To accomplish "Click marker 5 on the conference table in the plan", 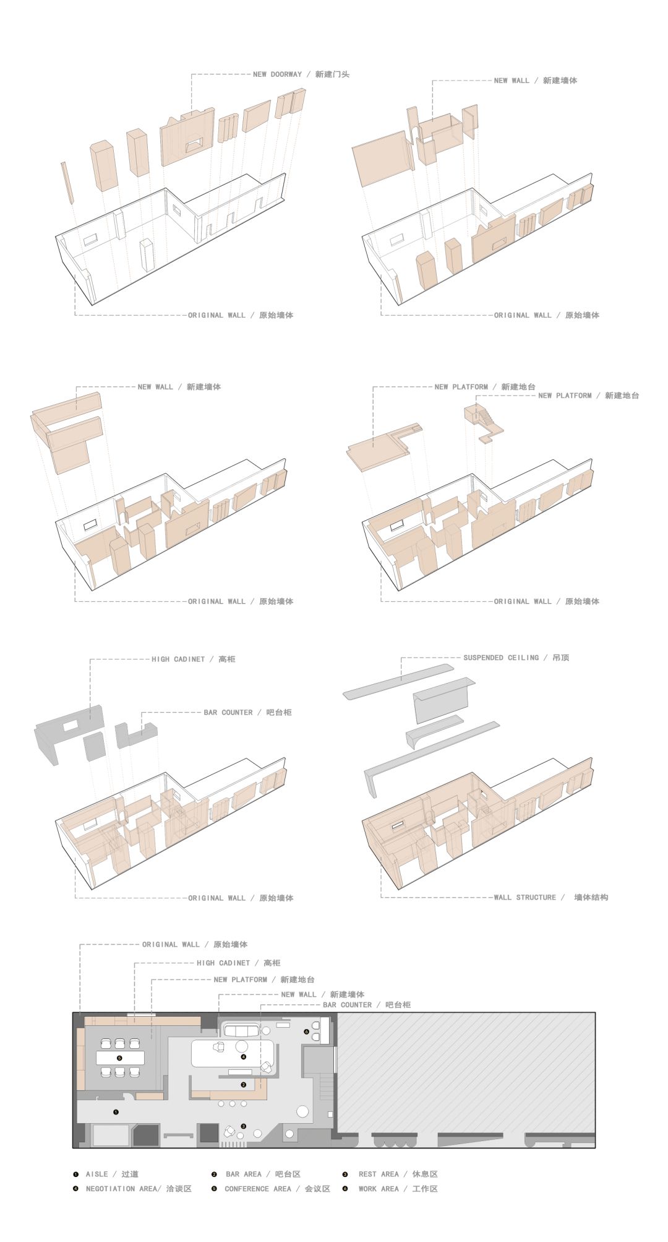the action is [119, 1058].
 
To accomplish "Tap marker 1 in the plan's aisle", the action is [116, 1113].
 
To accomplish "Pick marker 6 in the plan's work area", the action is [306, 1031].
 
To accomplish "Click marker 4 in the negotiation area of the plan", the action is [244, 1057].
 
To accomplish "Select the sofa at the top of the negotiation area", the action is [241, 1031].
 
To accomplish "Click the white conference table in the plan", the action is [119, 1058].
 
